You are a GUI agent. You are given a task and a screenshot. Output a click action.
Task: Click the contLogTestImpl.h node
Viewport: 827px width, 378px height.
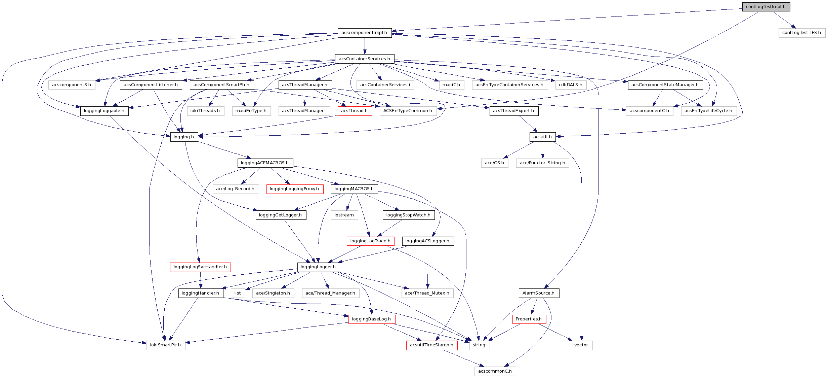coord(766,7)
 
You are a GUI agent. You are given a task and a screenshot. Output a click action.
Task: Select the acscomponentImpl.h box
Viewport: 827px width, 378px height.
coord(364,33)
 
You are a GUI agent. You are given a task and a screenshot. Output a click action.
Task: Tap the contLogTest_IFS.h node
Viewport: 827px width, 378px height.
coord(801,33)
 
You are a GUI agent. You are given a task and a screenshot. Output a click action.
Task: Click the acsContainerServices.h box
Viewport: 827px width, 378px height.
coord(364,59)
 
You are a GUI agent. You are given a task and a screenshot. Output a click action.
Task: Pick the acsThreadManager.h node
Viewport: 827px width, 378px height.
coord(305,85)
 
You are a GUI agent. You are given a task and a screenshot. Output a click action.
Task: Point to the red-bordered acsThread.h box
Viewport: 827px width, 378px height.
coord(355,111)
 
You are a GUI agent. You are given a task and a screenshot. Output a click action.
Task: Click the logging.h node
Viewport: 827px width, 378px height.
coord(184,137)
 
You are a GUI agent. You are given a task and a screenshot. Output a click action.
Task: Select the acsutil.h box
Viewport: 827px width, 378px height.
coord(542,137)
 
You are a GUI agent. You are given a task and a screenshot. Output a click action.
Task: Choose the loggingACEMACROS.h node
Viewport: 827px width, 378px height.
coord(265,163)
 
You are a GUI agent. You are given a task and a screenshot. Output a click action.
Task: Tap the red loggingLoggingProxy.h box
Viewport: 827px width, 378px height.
coord(294,189)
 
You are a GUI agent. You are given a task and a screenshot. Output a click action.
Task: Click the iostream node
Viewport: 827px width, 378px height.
coord(344,215)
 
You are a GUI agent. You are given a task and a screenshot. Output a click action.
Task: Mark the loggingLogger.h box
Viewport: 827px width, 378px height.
coord(318,267)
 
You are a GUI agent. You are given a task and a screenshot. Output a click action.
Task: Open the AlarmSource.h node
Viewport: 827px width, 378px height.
coord(538,293)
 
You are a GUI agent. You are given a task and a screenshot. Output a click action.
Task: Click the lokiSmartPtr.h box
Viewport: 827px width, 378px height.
coord(165,345)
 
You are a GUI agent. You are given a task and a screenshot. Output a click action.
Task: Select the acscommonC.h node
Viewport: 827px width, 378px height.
coord(495,371)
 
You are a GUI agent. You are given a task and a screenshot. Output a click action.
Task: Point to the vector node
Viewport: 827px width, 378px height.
coord(581,345)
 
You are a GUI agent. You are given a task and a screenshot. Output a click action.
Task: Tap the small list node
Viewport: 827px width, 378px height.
coord(238,293)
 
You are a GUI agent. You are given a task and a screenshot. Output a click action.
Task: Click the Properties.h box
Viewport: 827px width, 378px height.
coord(529,319)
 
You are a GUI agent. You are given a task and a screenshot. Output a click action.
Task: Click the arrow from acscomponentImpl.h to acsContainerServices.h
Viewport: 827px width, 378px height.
coord(365,46)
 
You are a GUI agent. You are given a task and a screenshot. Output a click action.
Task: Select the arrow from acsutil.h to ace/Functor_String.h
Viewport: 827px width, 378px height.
coord(543,150)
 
